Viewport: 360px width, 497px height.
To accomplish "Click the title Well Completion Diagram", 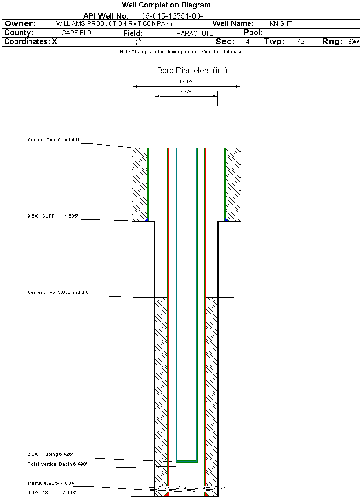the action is (166, 5).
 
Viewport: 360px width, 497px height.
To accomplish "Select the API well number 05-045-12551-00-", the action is (172, 16).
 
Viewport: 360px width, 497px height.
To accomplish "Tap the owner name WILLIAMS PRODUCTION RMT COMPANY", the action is (115, 24).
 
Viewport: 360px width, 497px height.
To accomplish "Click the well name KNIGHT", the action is (280, 24).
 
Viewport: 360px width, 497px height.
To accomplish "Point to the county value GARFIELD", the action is (76, 33).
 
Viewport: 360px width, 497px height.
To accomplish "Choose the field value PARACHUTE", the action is (195, 33).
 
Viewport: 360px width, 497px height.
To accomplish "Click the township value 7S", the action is (301, 42).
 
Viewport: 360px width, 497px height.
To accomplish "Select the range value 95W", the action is (353, 42).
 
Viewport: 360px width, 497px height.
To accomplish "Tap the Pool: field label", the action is (253, 33).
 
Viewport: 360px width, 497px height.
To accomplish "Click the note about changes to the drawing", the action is (181, 52).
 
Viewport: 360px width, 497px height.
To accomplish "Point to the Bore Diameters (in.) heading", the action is (192, 70).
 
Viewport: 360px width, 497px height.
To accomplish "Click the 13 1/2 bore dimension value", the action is (186, 82).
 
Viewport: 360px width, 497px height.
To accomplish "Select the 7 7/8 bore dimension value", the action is (185, 92).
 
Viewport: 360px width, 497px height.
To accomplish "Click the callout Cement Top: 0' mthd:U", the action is (53, 140).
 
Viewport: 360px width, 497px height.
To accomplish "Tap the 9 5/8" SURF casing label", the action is (41, 216).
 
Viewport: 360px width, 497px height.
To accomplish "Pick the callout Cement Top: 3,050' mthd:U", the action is (58, 292).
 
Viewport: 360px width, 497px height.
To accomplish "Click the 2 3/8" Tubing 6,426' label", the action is (50, 454).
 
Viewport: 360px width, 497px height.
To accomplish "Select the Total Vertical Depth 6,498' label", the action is (57, 464).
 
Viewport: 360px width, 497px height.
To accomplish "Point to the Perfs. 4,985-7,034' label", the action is (51, 483).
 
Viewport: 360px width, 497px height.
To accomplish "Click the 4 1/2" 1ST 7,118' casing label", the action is (51, 493).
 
